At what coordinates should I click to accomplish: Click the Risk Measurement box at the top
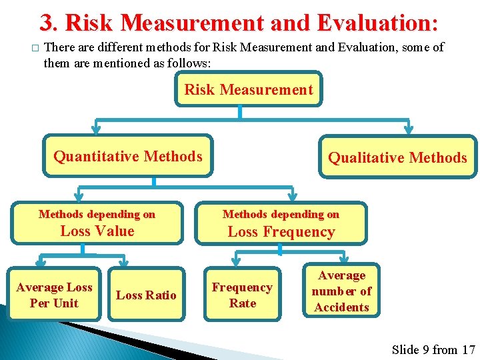pos(248,90)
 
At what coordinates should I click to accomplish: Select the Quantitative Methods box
pos(127,157)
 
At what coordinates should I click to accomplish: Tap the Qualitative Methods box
pos(397,157)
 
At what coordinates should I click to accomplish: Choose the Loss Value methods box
pos(97,223)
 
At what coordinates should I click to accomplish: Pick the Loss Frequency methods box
pos(281,223)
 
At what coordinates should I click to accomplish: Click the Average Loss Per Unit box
pos(54,295)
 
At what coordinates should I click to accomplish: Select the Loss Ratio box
pos(146,295)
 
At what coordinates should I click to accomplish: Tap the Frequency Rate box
pos(242,295)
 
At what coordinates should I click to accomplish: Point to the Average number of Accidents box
pos(341,291)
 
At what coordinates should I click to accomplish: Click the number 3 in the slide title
pos(47,23)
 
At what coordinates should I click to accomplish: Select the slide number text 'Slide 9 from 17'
pos(433,349)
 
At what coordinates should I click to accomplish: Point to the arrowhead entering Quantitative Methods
pos(97,131)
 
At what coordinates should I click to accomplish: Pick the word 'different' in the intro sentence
pos(116,48)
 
